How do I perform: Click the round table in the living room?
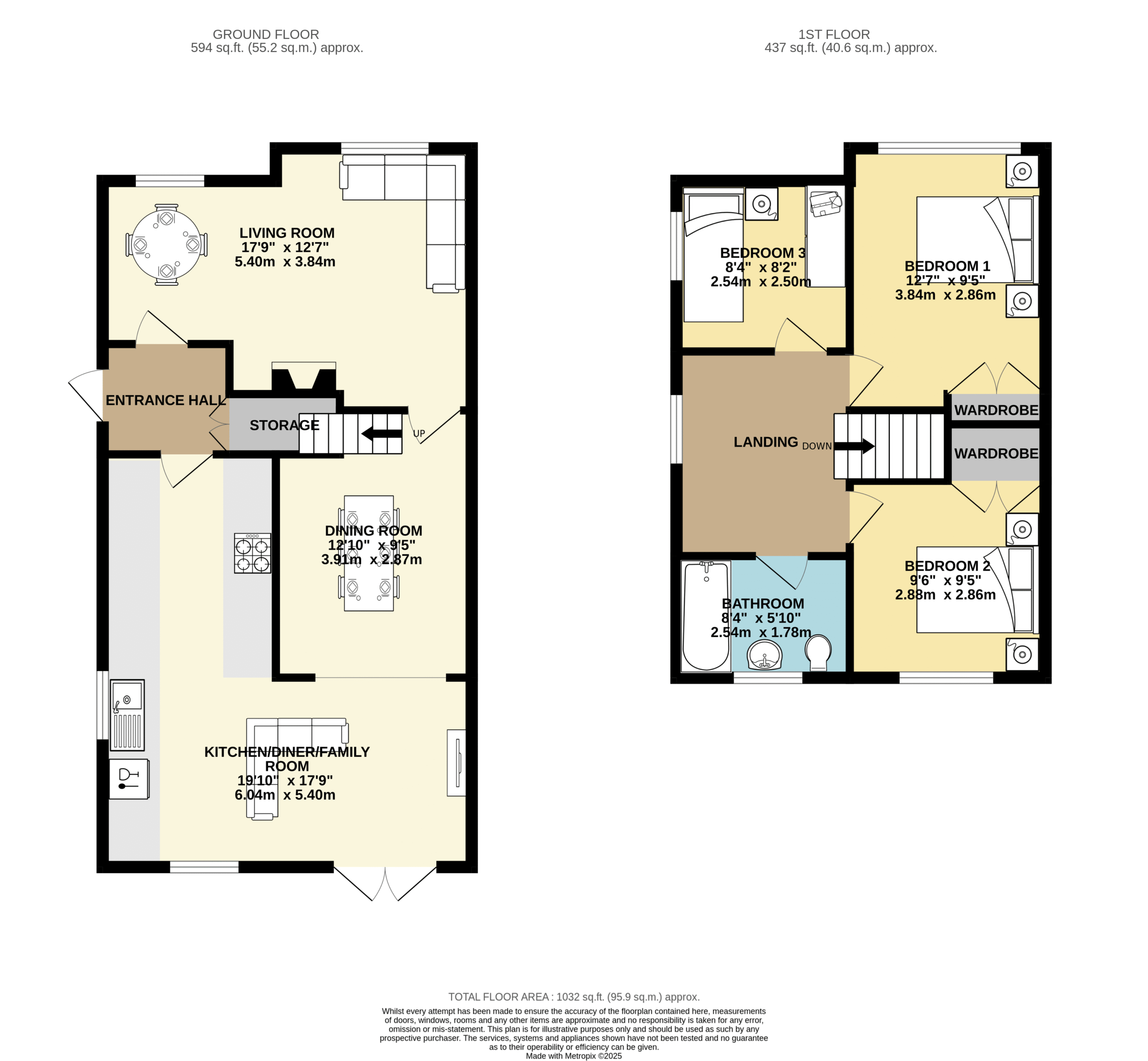coord(166,245)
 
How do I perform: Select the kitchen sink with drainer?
coord(127,715)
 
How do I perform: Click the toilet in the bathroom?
coord(818,653)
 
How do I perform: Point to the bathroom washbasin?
coord(765,655)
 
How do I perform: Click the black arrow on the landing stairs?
coord(854,446)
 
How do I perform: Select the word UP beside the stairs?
coord(419,433)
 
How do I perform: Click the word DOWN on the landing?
coord(817,446)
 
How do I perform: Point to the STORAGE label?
coord(284,425)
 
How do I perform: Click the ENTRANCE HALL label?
coord(165,400)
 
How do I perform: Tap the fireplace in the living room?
coord(304,377)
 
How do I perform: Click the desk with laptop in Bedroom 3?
coord(825,236)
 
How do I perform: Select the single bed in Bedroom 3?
coord(713,254)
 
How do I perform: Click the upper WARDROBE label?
coord(996,410)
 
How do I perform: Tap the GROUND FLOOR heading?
coord(266,35)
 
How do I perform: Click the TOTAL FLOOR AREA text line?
coord(574,997)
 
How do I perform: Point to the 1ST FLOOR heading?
coord(834,35)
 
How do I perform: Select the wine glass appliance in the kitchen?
coord(129,779)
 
